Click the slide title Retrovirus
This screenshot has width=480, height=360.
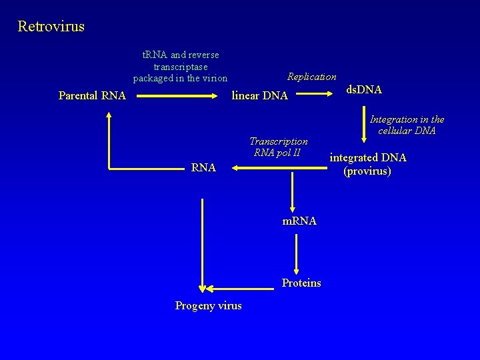tap(51, 27)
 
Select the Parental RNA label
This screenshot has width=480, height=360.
tap(92, 95)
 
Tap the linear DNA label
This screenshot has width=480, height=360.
tap(259, 96)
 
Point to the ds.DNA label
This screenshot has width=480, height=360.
tap(364, 89)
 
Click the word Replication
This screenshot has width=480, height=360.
tap(311, 77)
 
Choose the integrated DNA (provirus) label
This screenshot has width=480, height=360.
tap(367, 164)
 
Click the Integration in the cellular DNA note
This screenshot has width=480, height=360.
tap(407, 125)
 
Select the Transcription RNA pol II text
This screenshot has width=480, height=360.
tap(278, 147)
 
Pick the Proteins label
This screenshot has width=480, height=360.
tap(301, 283)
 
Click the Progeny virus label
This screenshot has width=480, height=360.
tap(208, 305)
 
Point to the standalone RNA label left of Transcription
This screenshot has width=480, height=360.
tap(203, 168)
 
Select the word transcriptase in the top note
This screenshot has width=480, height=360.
tap(181, 67)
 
